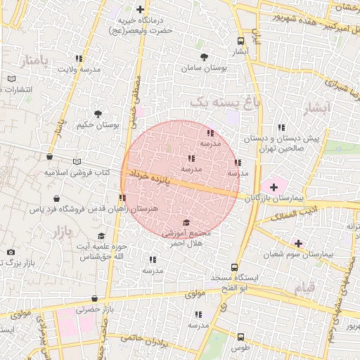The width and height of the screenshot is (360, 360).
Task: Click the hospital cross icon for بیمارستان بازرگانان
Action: pos(274,186)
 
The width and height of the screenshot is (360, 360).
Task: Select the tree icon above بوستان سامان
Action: pos(204,57)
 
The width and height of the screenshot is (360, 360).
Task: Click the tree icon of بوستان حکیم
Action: pos(98,114)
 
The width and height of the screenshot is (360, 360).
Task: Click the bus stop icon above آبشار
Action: pos(241,41)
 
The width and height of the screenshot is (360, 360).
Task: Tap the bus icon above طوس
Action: pos(240,337)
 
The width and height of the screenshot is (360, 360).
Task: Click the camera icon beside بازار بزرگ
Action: pos(11,252)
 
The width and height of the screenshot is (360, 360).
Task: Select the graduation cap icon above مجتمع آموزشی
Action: pos(186,222)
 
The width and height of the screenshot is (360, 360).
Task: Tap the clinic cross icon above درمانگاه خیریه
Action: pos(141,10)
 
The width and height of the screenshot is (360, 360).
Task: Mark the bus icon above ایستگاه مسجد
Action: pos(236,268)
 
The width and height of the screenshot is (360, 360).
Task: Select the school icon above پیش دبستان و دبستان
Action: pos(281,127)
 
